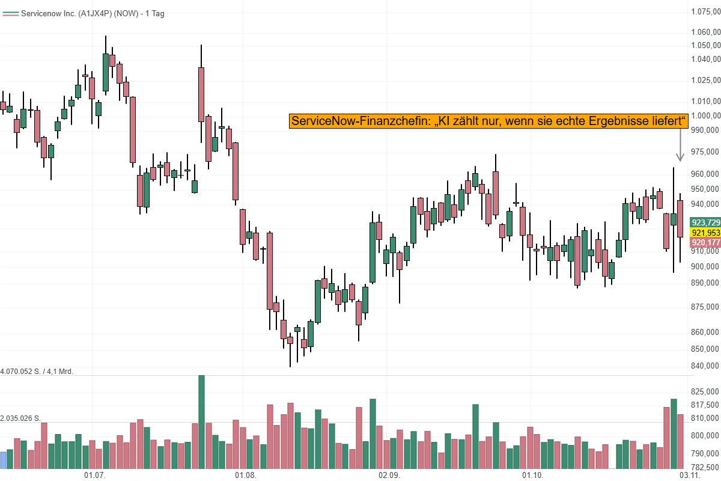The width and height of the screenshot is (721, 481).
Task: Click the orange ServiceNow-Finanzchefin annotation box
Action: tap(488, 121)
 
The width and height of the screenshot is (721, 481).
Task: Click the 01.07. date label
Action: tap(94, 475)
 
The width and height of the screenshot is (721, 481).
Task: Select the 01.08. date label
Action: tap(245, 475)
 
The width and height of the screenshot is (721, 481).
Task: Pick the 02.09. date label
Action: tap(389, 475)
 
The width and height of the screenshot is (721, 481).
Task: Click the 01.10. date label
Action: tap(533, 475)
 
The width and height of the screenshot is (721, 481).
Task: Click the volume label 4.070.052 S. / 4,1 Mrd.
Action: tap(37, 372)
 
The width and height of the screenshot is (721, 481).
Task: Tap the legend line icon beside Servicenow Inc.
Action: tap(10, 13)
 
